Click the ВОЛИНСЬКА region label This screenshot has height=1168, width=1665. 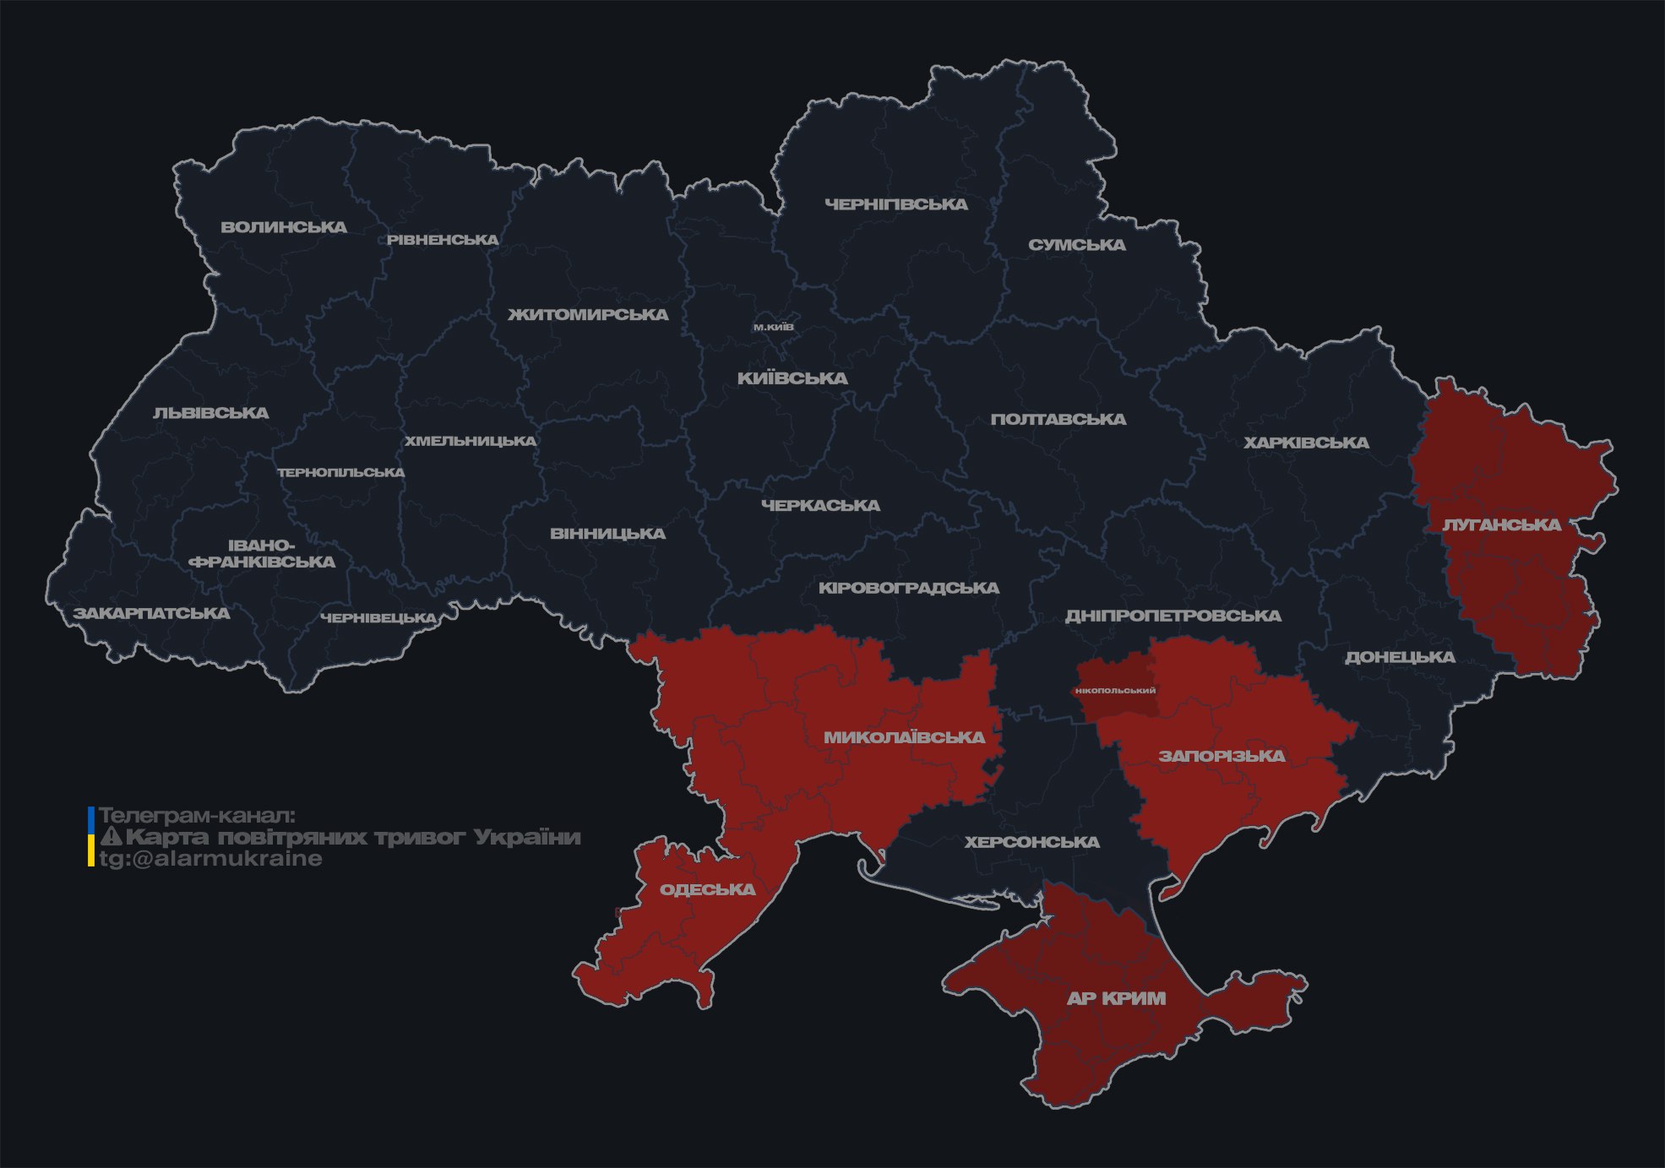point(284,227)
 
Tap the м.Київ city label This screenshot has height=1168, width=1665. point(773,327)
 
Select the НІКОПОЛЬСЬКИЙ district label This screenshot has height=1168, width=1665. point(1115,691)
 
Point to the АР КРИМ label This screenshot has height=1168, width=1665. point(1116,998)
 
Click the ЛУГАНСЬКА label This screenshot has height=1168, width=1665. point(1501,525)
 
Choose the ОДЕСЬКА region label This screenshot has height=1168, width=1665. point(707,889)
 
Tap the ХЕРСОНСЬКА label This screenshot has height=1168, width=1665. point(1031,842)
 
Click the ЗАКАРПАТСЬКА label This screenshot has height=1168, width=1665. point(151,613)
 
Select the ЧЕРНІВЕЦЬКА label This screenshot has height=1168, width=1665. point(378,618)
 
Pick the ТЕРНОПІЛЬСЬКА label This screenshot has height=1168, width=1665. point(341,472)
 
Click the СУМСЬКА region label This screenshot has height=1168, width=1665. point(1076,245)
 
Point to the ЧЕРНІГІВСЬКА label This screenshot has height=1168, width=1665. point(895,204)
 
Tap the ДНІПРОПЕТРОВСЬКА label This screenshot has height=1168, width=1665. point(1173,616)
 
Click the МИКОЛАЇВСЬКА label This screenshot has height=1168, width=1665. point(904,737)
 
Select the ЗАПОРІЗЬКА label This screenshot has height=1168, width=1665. point(1222,756)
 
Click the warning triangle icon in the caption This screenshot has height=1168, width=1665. point(111,837)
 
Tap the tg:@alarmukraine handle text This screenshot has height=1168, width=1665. point(210,859)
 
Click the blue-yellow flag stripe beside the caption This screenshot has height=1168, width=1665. point(91,837)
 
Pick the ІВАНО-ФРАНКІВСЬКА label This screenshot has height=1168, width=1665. point(262,554)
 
